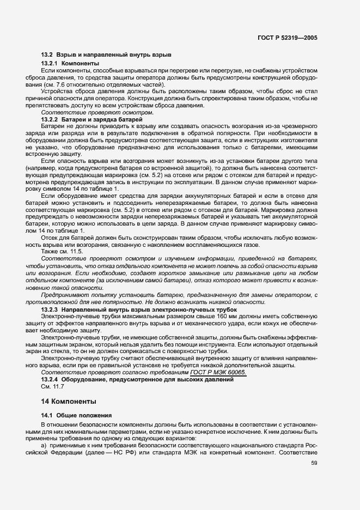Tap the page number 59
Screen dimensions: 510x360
tap(314, 463)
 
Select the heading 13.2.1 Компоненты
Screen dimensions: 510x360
tap(66, 64)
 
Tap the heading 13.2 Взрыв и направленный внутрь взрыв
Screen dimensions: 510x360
tap(107, 55)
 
